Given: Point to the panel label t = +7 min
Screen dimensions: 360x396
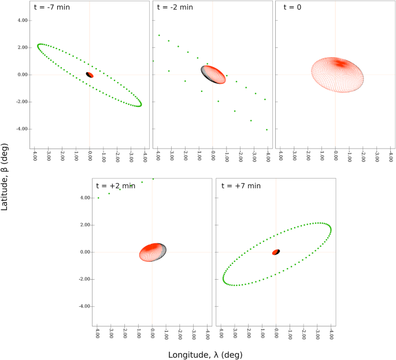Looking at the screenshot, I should pos(239,185).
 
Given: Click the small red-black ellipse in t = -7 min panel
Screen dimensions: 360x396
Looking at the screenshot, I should pos(90,75).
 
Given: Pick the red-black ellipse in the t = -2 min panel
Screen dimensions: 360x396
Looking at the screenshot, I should pos(213,75).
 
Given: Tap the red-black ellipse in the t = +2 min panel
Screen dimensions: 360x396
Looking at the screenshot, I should pos(153,252).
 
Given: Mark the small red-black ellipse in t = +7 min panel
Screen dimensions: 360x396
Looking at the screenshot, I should pos(276,252).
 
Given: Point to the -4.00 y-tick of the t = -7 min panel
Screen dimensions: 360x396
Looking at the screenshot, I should pos(22,129).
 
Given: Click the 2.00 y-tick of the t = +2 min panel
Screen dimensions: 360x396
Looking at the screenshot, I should pos(85,225).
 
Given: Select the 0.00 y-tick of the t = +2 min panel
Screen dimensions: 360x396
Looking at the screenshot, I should pos(85,252).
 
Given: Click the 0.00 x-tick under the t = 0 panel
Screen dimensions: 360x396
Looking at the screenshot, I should pos(336,157).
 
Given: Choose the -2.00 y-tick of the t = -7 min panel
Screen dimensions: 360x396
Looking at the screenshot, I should pos(22,102).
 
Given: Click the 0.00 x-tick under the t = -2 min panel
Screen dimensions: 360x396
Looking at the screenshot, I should pos(213,157).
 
